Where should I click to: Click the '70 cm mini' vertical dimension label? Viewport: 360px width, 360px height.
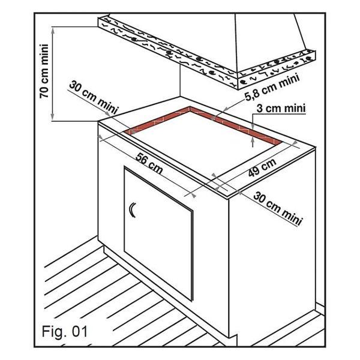[x=44, y=71]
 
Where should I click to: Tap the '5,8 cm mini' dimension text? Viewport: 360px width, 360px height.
[x=272, y=88]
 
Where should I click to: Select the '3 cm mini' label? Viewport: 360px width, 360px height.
[x=281, y=109]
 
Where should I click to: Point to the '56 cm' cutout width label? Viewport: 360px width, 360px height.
[x=149, y=163]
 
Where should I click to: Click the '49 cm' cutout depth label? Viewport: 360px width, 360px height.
[x=262, y=167]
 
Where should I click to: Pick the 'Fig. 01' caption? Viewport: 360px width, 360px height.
[x=65, y=332]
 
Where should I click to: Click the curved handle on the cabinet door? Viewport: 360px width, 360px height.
[x=132, y=210]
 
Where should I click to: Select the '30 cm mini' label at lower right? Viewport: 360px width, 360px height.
[x=278, y=209]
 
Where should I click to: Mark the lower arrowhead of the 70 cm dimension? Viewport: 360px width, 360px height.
[x=53, y=116]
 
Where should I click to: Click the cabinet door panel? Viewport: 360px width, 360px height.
[x=158, y=233]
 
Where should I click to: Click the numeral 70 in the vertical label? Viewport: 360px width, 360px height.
[x=44, y=92]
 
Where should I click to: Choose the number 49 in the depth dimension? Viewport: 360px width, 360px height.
[x=255, y=172]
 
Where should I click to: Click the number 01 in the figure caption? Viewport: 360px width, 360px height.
[x=79, y=332]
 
